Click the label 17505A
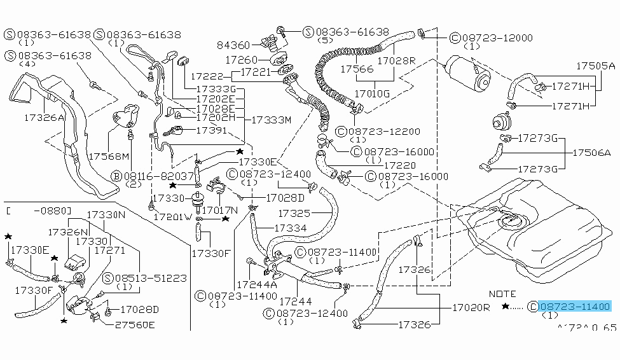[x=596, y=66]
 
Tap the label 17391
[x=210, y=130]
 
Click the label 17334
[x=291, y=227]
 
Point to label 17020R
[x=471, y=307]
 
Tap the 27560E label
[x=134, y=323]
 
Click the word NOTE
[x=503, y=294]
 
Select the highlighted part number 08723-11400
[x=574, y=307]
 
